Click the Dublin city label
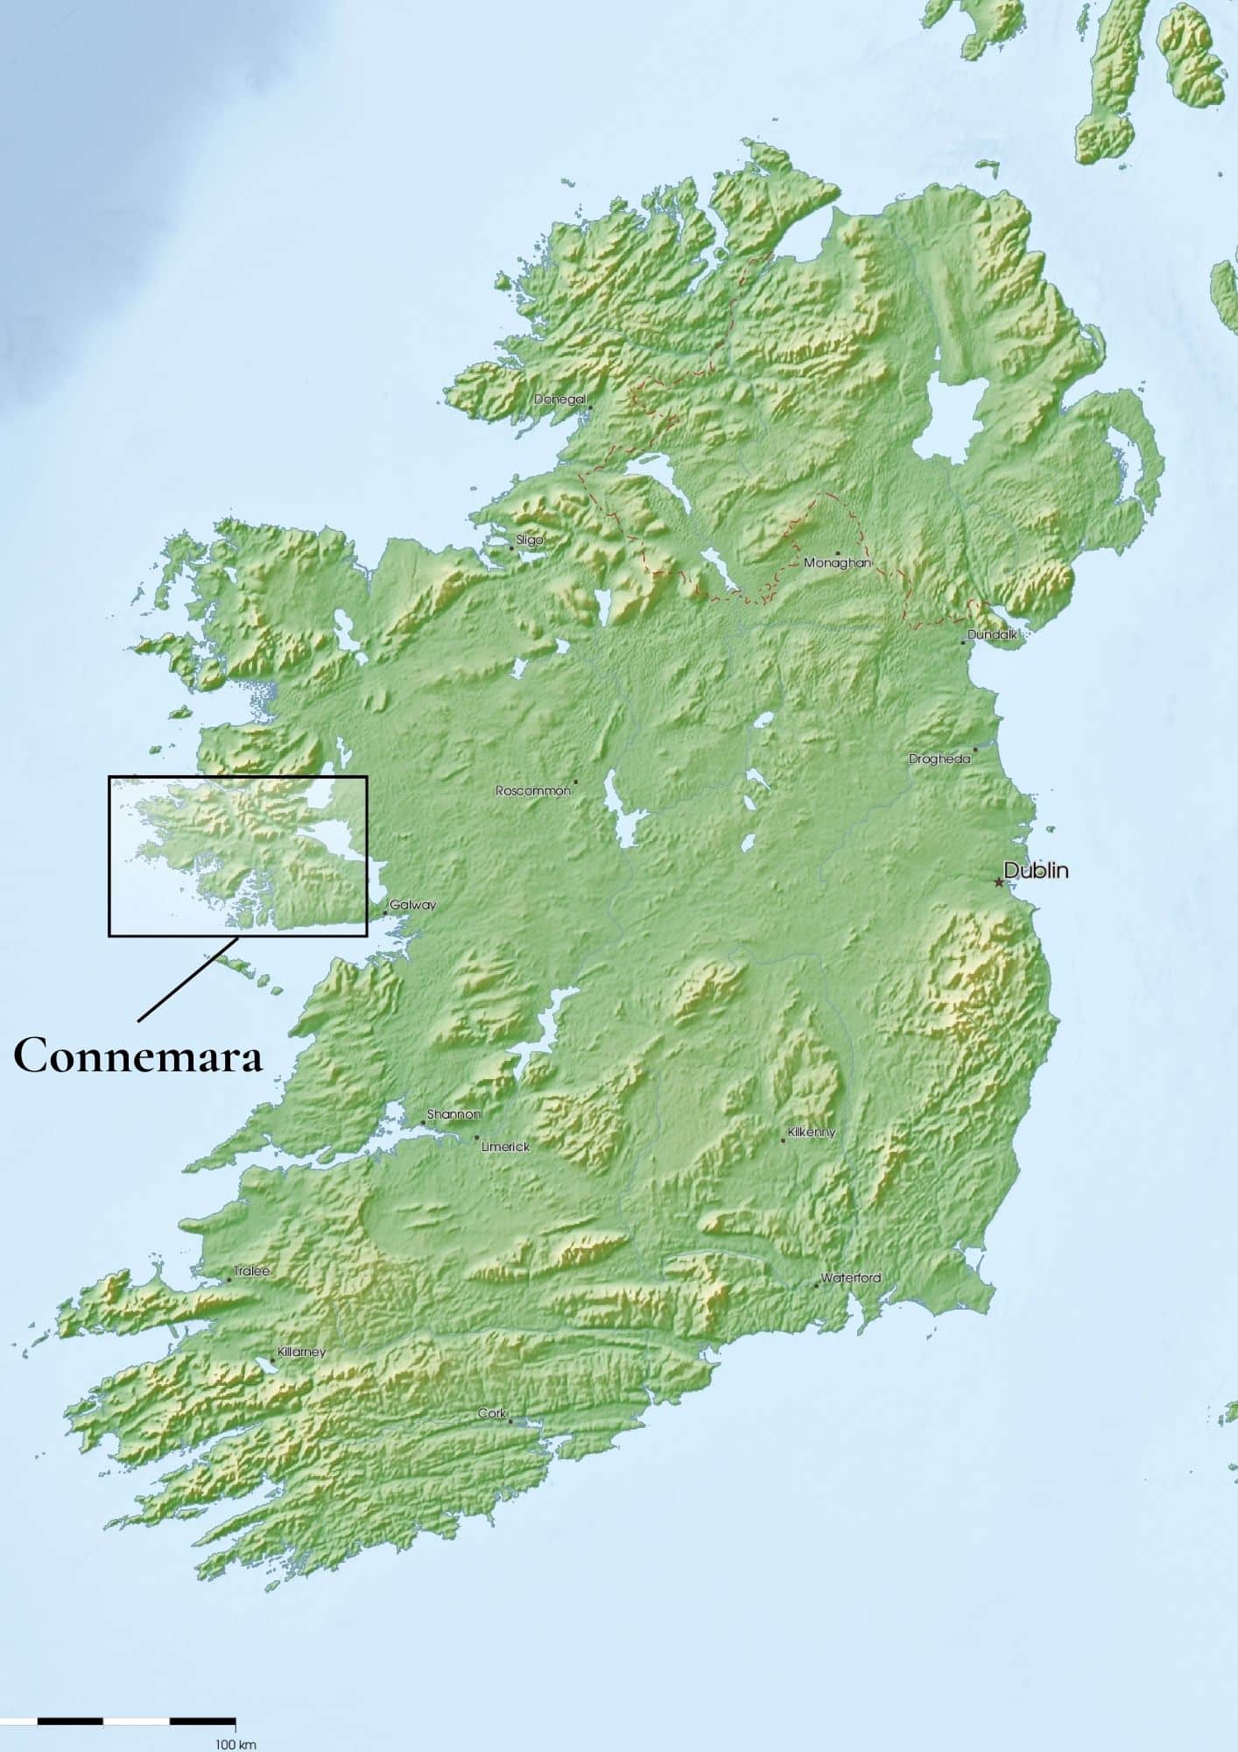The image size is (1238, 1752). (1036, 871)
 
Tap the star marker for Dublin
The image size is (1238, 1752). (999, 882)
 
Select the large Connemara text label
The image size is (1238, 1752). (138, 1056)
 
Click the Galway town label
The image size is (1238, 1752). (412, 905)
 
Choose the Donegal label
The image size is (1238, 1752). (559, 399)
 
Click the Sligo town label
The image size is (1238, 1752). (530, 540)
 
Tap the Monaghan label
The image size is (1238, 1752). (837, 562)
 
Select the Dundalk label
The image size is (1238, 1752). (992, 634)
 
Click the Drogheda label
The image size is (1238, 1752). (939, 759)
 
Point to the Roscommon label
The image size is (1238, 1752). (533, 790)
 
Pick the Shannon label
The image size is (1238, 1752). (454, 1114)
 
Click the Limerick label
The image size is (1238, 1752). (505, 1146)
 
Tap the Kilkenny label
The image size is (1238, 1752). (812, 1132)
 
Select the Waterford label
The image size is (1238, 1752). (850, 1278)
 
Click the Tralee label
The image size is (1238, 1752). (252, 1271)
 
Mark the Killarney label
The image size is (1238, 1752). (301, 1352)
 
